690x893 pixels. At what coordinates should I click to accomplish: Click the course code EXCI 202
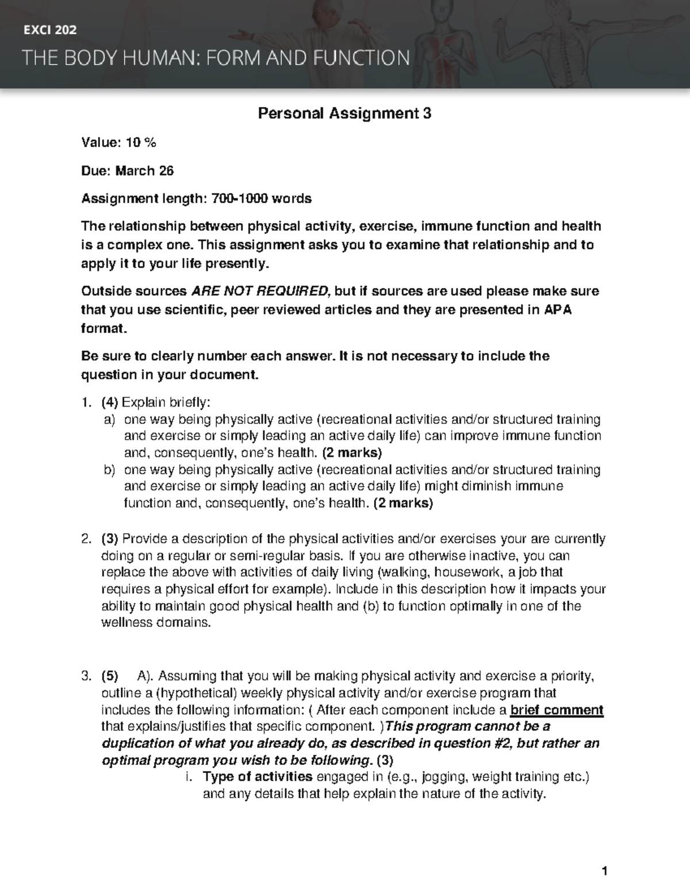(x=49, y=30)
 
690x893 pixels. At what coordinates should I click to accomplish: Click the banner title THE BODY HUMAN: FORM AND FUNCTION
(x=216, y=58)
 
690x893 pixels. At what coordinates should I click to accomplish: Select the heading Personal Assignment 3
(x=344, y=113)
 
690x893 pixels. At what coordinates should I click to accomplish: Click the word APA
(x=557, y=310)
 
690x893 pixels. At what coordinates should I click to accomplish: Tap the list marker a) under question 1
(x=109, y=420)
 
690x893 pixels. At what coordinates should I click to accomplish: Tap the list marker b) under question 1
(x=109, y=470)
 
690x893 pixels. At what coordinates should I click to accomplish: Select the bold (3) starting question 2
(x=109, y=539)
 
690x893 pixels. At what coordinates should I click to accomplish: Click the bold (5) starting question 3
(x=109, y=676)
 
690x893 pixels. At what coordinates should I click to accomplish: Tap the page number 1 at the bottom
(x=604, y=872)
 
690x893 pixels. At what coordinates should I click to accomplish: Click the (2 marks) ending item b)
(x=403, y=504)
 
